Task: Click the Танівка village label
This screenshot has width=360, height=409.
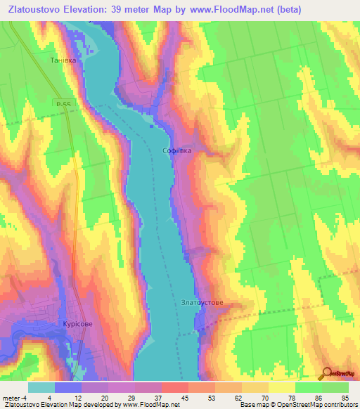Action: pos(63,60)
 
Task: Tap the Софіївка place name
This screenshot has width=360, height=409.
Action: pos(176,150)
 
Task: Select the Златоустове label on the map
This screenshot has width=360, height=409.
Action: pos(202,303)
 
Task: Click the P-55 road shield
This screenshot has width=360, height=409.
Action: pos(65,103)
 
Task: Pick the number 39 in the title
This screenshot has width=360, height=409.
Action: pos(138,10)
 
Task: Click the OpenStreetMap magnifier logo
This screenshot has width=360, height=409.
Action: pos(327,372)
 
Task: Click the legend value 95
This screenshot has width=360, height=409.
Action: pos(345,398)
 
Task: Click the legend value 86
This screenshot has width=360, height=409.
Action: pos(318,398)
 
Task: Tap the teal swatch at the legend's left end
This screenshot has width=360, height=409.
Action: pos(41,387)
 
